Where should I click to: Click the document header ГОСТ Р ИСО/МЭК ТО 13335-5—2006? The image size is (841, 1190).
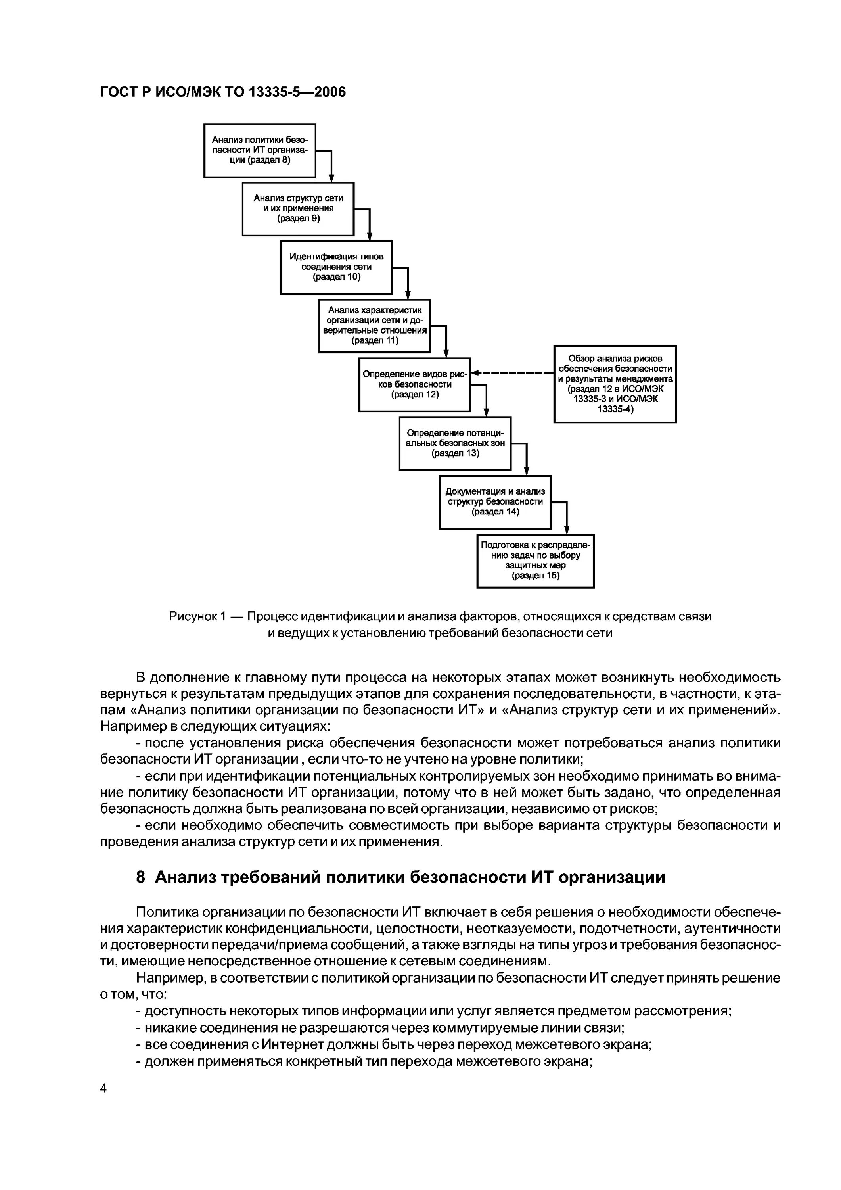[223, 92]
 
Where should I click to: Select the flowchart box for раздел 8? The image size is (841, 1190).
[260, 150]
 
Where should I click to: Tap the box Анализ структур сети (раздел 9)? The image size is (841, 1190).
[298, 209]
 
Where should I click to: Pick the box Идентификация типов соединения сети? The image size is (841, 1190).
[336, 267]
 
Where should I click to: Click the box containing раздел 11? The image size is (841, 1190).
[375, 326]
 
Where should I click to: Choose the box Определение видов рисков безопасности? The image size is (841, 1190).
[414, 385]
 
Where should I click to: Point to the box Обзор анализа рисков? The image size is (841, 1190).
[615, 384]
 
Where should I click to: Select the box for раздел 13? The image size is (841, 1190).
[455, 443]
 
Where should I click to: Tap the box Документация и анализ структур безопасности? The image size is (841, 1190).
[495, 502]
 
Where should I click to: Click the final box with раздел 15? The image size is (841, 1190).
[535, 561]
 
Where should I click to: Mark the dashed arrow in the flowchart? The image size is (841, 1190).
[513, 372]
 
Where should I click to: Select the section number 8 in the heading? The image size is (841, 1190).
[140, 877]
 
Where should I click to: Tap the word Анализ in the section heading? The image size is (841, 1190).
[186, 877]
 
